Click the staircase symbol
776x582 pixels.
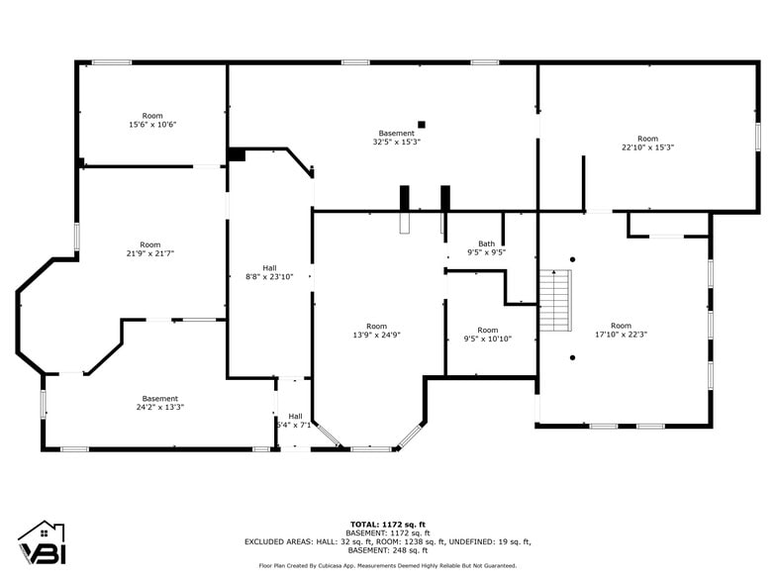tap(556, 300)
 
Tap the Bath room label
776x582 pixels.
tap(486, 243)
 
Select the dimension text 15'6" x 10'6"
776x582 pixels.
tap(152, 125)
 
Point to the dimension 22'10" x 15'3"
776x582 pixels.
tap(647, 147)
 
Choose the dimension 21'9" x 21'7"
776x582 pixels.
tap(149, 253)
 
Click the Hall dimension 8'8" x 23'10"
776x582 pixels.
tap(269, 276)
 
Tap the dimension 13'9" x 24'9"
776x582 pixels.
tap(376, 335)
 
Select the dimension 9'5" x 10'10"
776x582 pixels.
tap(487, 339)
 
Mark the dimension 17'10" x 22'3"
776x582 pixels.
tap(621, 335)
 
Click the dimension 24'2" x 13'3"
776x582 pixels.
tap(160, 407)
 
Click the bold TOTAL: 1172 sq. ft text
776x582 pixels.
tap(387, 525)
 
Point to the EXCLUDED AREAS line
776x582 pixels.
tap(387, 541)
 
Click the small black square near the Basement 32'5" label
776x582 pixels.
tap(422, 125)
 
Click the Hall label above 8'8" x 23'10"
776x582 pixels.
tap(269, 267)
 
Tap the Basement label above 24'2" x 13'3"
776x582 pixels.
tap(160, 399)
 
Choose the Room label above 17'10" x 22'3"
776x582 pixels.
tap(621, 326)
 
